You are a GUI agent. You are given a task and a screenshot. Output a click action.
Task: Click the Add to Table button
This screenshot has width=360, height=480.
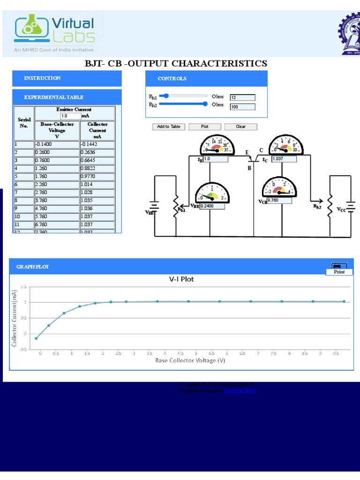(169, 127)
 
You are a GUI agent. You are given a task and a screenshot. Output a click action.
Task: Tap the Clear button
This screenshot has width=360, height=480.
(241, 127)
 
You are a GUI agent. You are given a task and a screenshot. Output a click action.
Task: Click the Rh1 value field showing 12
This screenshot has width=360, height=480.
(242, 97)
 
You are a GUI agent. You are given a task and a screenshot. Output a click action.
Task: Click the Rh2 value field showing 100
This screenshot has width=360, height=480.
(242, 107)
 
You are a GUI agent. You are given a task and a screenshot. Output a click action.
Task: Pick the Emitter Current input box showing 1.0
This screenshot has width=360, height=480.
(70, 116)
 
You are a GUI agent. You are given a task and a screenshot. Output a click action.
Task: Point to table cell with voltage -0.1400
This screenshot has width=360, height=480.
(57, 145)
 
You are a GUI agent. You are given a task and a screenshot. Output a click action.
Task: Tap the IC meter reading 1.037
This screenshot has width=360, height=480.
(284, 159)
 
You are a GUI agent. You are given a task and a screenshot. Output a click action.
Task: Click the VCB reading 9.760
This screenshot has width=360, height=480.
(279, 200)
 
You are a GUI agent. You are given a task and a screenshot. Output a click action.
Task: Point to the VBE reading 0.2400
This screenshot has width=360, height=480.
(212, 206)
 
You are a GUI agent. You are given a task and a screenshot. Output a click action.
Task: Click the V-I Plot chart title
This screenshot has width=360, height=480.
(181, 279)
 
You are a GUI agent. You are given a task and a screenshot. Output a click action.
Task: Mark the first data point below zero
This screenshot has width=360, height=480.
(37, 338)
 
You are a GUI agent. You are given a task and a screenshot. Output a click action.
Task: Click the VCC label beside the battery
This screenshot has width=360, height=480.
(341, 210)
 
